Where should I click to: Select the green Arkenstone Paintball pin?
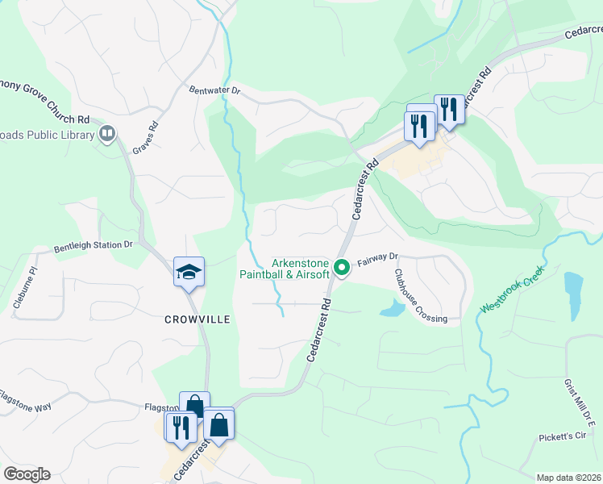click(342, 266)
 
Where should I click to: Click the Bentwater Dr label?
click(214, 91)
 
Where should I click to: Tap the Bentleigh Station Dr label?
click(93, 244)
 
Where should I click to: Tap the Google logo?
click(27, 474)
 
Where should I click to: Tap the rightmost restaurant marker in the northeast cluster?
click(449, 109)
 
